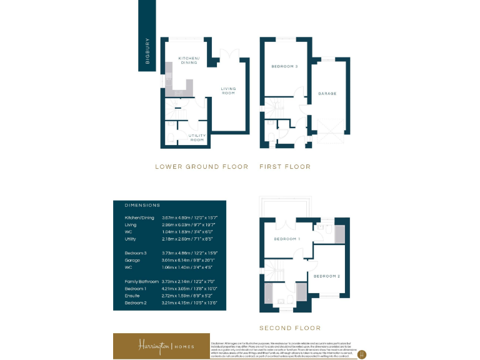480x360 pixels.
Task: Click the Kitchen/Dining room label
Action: pos(188,59)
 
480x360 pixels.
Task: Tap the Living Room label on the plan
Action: pos(228,91)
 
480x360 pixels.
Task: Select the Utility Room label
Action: pos(197,137)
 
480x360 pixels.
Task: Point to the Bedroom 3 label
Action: pos(284,66)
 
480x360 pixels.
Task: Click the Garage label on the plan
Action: pos(327,94)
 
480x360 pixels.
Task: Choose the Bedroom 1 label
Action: pos(287,239)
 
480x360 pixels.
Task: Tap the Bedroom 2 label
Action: pos(326,276)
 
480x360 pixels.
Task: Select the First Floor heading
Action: pos(285,167)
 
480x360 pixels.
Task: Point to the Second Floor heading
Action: pos(290,327)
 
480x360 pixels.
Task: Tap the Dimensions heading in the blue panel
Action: pos(142,205)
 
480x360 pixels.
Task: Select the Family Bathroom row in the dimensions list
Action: pos(169,282)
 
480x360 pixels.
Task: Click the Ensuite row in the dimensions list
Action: pos(169,296)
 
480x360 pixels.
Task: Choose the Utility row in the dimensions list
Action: pos(169,239)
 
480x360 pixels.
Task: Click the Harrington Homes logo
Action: pos(166,346)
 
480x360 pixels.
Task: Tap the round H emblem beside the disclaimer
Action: pos(361,353)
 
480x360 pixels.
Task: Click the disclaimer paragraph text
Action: pos(284,346)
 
